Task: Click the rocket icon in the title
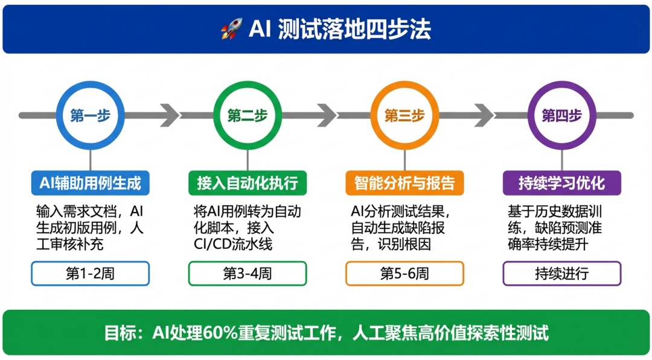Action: pos(231,30)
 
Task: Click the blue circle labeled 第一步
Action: pos(90,115)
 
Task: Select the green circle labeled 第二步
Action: pos(248,115)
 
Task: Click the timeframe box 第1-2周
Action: pos(90,273)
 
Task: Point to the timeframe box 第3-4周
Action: pos(248,273)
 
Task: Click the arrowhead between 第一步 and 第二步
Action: pos(170,115)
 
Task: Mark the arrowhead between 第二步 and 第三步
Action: pos(327,115)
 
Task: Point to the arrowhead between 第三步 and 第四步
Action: pos(485,115)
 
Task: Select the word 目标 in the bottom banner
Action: pos(117,332)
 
